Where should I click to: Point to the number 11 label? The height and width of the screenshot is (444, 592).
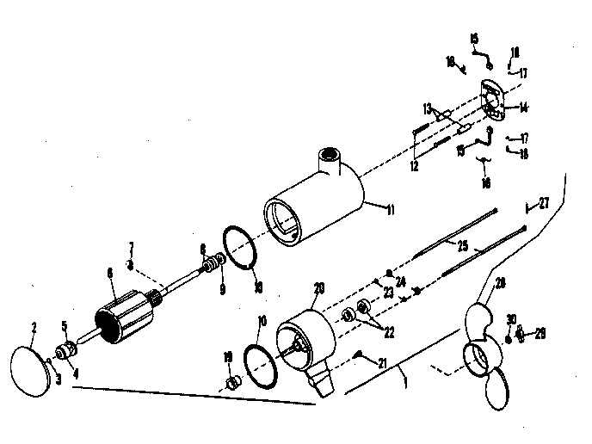(x=367, y=209)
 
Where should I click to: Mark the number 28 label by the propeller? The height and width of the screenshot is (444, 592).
(x=501, y=283)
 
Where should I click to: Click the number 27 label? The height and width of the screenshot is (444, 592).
(x=543, y=203)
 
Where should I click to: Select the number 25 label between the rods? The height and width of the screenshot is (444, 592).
(x=462, y=246)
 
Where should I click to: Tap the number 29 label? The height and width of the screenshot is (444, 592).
(x=540, y=332)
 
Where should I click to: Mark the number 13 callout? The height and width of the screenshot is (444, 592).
(x=425, y=108)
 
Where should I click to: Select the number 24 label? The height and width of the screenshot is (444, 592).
(x=401, y=281)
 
